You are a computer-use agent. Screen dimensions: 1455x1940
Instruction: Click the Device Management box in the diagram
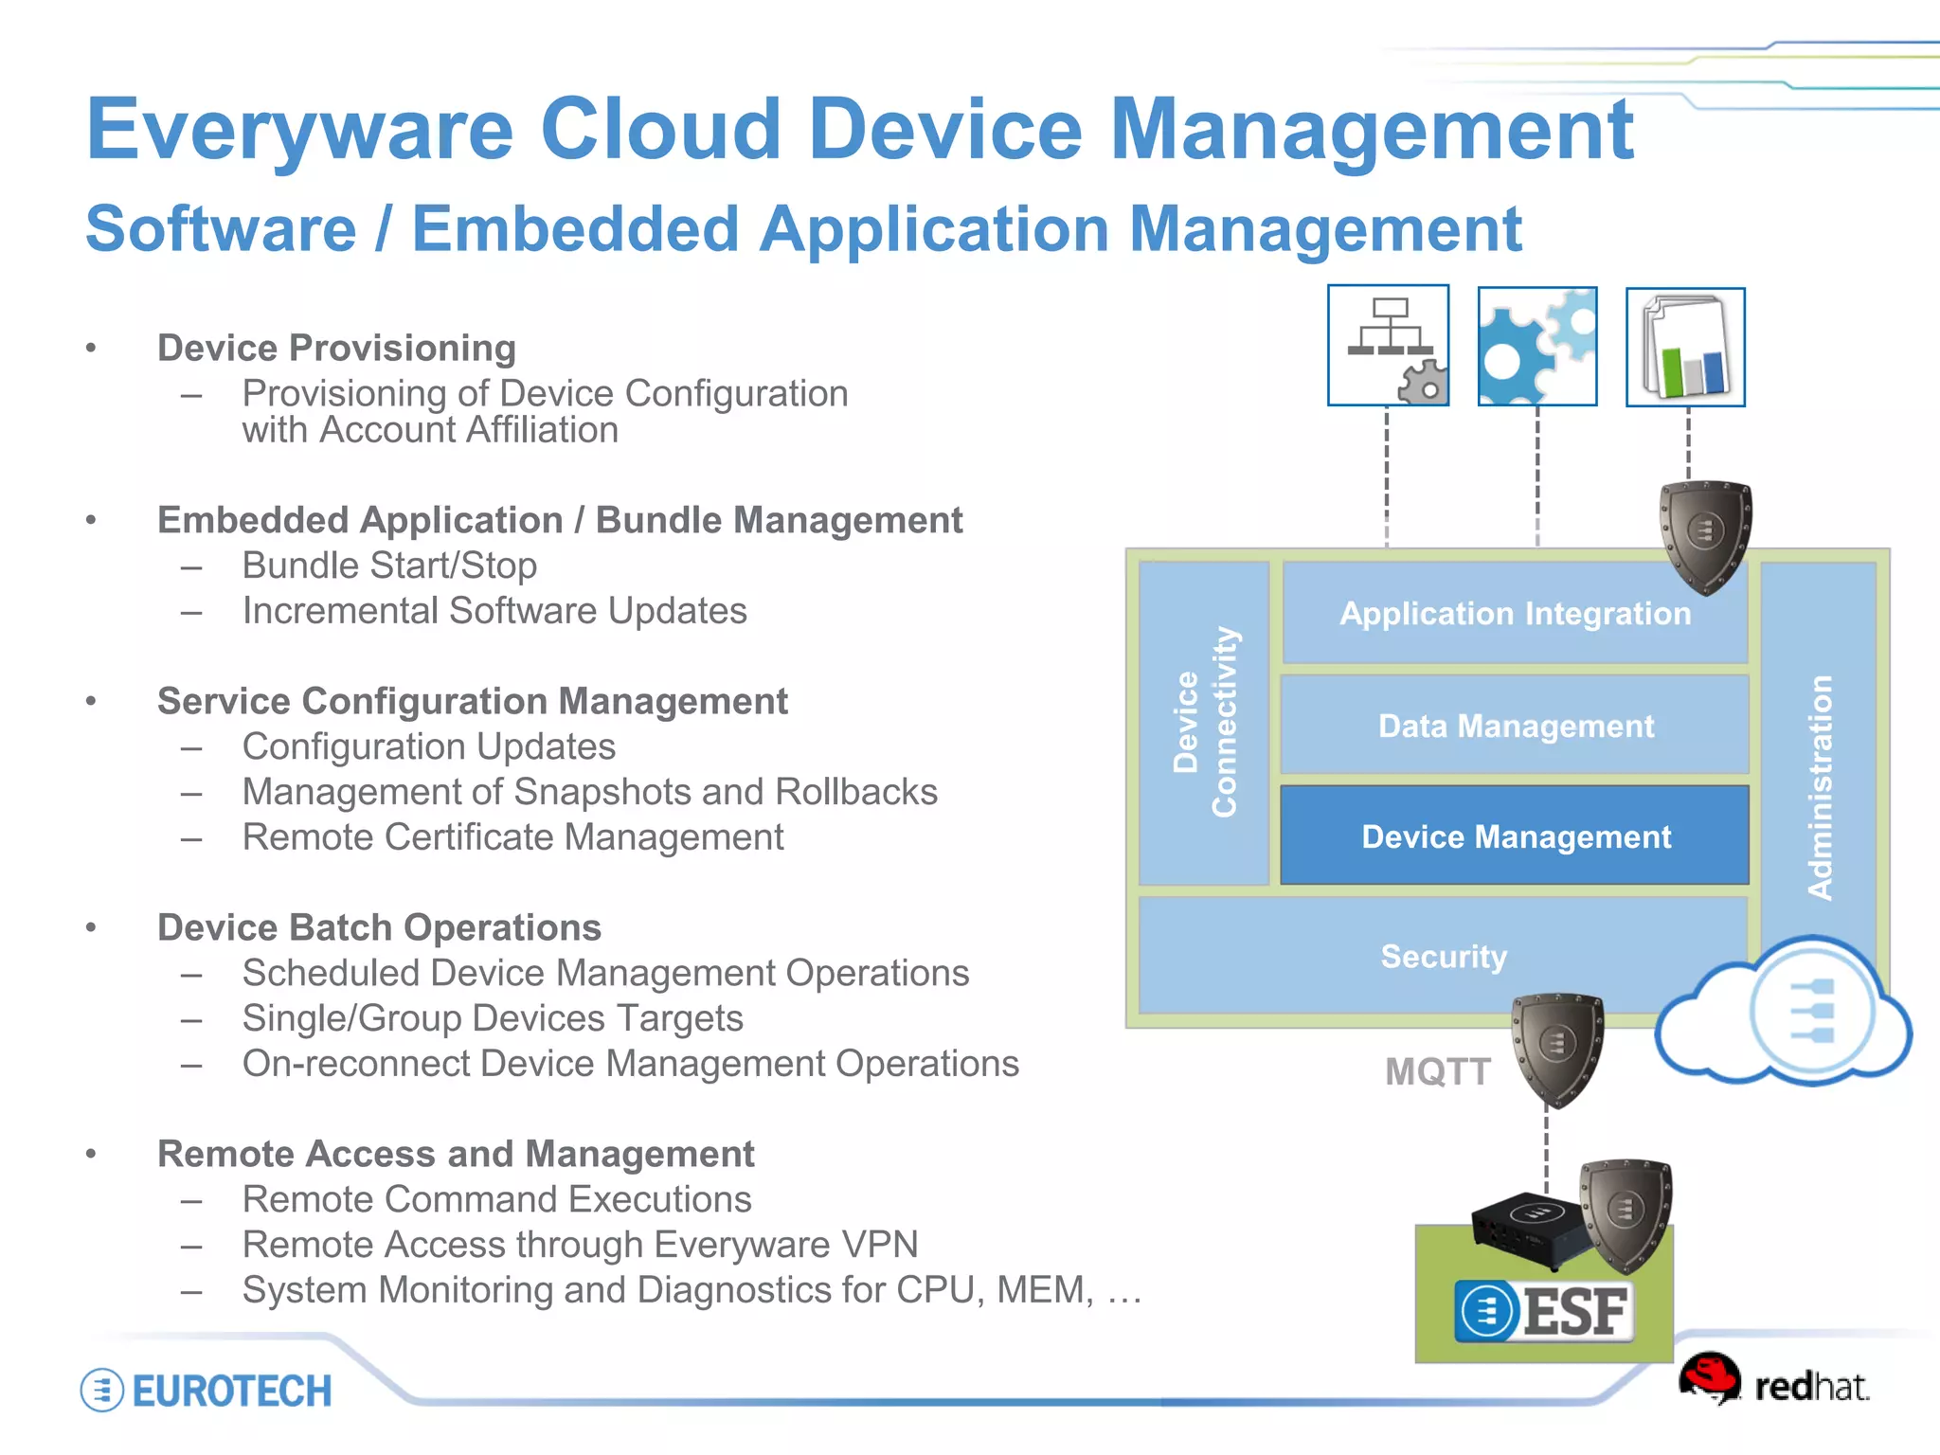(x=1514, y=836)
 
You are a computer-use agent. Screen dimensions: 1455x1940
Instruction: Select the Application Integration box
(x=1514, y=614)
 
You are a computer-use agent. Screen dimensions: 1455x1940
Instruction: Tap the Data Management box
(x=1514, y=727)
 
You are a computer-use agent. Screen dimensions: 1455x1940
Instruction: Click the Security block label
(x=1443, y=957)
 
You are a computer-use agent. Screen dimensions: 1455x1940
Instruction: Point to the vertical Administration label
(x=1819, y=786)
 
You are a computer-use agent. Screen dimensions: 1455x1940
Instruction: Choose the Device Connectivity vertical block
(x=1204, y=722)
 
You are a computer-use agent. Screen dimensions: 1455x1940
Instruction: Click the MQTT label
(x=1437, y=1072)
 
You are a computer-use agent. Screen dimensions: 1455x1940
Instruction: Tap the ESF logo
(x=1544, y=1312)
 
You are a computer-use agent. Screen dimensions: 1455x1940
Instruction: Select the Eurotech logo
(x=207, y=1391)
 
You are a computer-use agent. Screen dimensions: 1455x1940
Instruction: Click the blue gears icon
(x=1537, y=347)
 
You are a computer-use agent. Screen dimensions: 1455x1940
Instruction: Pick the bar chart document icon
(x=1685, y=347)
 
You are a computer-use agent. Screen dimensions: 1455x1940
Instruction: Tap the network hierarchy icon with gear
(x=1388, y=346)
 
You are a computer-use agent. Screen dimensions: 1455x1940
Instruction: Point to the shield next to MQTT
(x=1556, y=1048)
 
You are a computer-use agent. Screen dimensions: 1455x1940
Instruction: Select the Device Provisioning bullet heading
(x=336, y=349)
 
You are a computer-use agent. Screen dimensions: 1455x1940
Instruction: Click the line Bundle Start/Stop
(x=389, y=566)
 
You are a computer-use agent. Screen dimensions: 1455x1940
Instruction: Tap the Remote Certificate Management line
(x=512, y=837)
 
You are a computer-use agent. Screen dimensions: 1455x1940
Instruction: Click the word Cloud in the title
(x=660, y=130)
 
